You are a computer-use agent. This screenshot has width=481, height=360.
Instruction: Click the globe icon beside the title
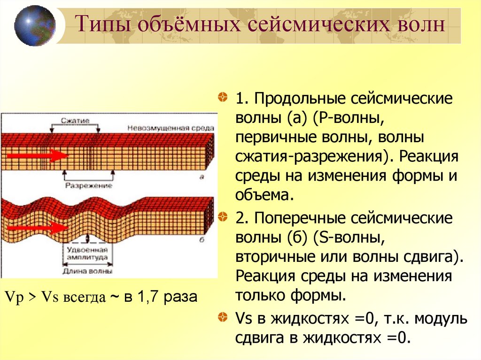[35, 25]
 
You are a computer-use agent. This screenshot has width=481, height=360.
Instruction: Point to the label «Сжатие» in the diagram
[74, 121]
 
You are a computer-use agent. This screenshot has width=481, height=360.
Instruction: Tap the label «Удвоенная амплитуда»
[88, 253]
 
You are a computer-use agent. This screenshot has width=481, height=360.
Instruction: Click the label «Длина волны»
[88, 271]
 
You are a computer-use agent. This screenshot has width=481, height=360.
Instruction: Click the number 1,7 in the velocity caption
[148, 298]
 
